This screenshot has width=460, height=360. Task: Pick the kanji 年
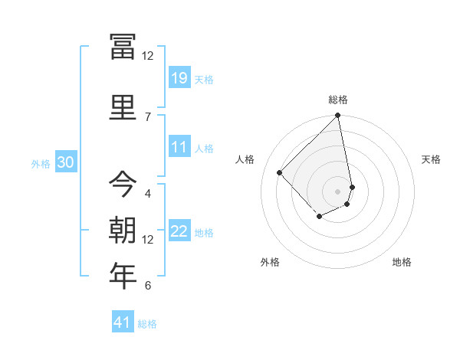(x=123, y=274)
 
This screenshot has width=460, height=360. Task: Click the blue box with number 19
(x=179, y=78)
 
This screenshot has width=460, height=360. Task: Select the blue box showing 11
(x=179, y=147)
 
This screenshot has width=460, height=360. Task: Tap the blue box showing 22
(x=179, y=231)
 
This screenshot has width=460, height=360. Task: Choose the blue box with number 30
(x=65, y=162)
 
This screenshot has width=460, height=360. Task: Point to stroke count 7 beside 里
(x=147, y=116)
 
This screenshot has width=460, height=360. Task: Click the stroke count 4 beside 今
(x=147, y=193)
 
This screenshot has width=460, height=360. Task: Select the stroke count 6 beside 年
(x=147, y=286)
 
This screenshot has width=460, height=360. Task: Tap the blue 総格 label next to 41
(x=147, y=324)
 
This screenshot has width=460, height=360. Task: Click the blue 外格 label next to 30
(x=41, y=164)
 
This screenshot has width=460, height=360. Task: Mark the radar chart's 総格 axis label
(x=337, y=100)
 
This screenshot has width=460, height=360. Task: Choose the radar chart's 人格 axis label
(x=245, y=159)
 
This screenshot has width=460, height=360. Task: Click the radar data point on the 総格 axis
(x=337, y=116)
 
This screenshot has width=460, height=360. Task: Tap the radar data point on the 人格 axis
(x=280, y=172)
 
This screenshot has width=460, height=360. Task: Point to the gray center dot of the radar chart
(x=337, y=191)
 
